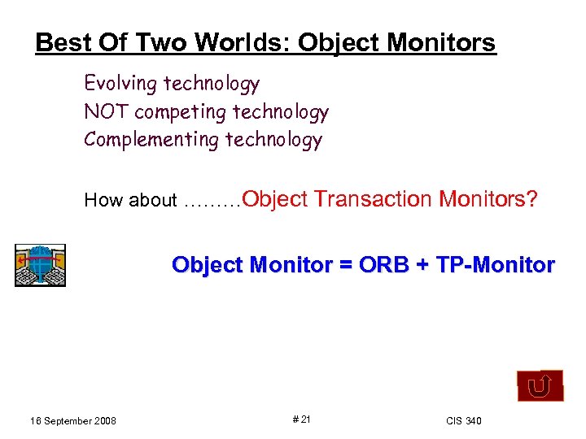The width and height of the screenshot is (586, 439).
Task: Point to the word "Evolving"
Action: pyautogui.click(x=120, y=84)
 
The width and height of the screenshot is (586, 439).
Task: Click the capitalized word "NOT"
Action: pyautogui.click(x=106, y=111)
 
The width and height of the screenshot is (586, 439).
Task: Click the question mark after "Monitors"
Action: pyautogui.click(x=532, y=199)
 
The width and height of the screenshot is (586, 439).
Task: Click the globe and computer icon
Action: pyautogui.click(x=40, y=265)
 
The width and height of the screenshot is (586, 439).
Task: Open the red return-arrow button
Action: pyautogui.click(x=540, y=386)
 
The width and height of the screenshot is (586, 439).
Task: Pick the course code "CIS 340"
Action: pyautogui.click(x=463, y=420)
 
